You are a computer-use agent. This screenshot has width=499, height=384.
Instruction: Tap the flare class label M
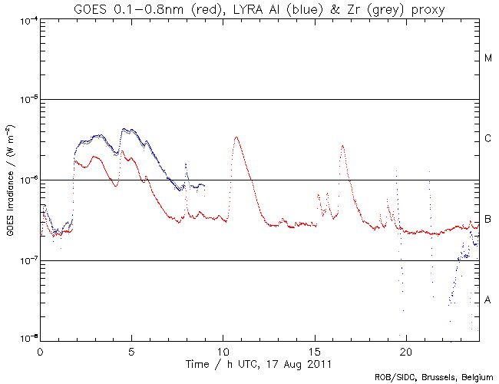[x=488, y=58]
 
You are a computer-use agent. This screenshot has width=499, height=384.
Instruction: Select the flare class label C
[x=488, y=139]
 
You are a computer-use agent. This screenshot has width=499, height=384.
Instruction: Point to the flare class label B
[x=488, y=220]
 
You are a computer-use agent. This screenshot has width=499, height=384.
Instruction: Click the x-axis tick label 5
[x=131, y=350]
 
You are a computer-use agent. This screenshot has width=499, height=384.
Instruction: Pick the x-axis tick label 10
[x=223, y=350]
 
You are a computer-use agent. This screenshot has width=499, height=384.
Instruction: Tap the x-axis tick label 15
[x=314, y=350]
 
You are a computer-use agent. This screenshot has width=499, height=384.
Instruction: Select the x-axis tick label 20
[x=405, y=350]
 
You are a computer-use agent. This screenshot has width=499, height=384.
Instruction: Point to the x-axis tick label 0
[x=40, y=350]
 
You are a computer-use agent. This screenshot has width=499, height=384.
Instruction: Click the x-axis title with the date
[x=259, y=362]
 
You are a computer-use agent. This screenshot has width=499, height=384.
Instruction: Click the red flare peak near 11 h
[x=236, y=137]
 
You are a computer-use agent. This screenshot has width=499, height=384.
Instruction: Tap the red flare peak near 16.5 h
[x=342, y=145]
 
